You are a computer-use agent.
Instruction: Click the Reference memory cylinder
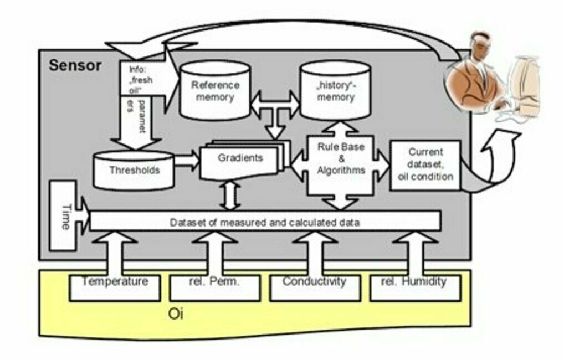coord(216,92)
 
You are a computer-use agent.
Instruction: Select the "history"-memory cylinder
coord(335,91)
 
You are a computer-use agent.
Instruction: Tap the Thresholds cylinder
coord(134,170)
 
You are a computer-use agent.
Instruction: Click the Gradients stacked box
coord(240,161)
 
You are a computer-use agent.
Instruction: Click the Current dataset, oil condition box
coord(425,165)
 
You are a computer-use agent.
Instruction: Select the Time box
coord(65,217)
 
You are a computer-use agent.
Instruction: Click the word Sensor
coord(75,65)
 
